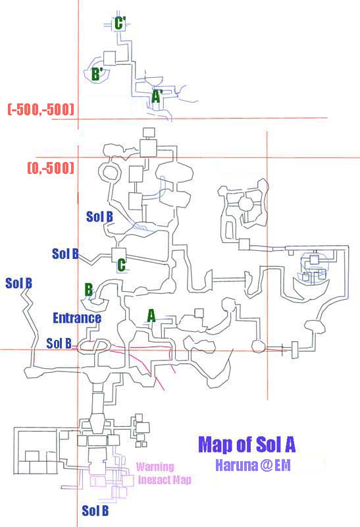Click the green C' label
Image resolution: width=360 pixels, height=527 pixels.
click(x=120, y=24)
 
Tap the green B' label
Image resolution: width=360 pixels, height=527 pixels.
click(x=96, y=74)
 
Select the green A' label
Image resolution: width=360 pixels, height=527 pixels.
click(x=157, y=96)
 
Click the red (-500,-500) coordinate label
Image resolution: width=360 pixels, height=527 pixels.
click(x=41, y=109)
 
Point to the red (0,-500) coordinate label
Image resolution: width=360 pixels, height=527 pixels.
click(x=51, y=167)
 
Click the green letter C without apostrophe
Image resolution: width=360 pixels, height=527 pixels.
click(x=121, y=265)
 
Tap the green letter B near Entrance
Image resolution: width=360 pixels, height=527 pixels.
click(x=88, y=289)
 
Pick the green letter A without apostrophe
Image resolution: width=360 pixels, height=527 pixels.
click(x=151, y=316)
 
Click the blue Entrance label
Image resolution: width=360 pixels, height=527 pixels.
click(x=77, y=318)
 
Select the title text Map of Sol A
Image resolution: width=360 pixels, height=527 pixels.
click(x=247, y=444)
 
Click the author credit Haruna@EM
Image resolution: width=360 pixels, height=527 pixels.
click(x=253, y=466)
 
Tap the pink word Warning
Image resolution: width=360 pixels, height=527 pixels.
click(x=155, y=467)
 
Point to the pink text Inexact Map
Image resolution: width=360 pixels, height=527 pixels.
click(x=165, y=480)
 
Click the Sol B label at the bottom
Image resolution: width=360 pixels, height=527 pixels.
click(x=95, y=511)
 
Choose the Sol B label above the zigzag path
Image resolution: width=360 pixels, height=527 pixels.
click(x=19, y=283)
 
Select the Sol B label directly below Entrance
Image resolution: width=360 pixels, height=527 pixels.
click(x=59, y=343)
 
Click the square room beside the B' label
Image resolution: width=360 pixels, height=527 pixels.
click(x=109, y=58)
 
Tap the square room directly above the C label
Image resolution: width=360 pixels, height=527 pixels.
click(x=118, y=255)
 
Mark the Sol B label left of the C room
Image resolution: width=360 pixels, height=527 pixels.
click(x=65, y=254)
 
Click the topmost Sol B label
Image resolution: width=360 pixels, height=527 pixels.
click(x=99, y=217)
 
